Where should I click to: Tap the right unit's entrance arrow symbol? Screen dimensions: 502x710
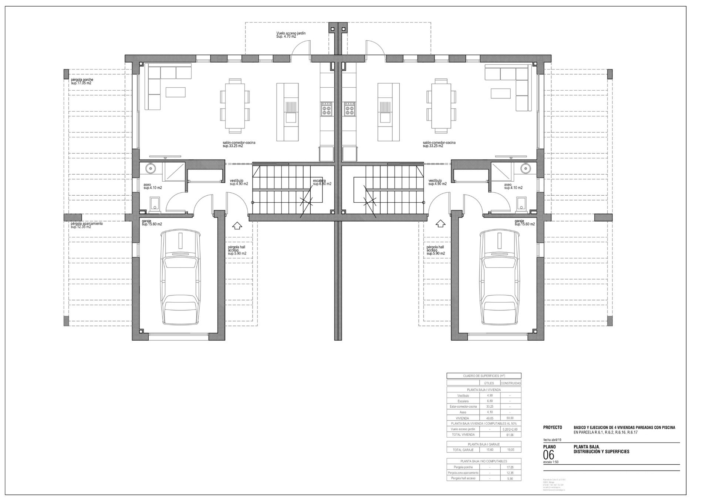point(440,223)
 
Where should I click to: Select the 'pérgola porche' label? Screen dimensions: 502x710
point(82,81)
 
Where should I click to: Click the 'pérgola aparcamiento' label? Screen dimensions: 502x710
point(87,225)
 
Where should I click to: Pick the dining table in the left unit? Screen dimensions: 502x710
point(234,106)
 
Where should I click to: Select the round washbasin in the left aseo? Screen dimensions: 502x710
point(151,169)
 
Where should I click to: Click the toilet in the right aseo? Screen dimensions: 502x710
point(521,203)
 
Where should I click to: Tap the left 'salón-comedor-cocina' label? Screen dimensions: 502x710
point(239,144)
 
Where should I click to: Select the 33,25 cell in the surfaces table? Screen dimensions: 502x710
point(490,407)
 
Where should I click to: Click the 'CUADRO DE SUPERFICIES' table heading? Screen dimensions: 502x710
point(484,376)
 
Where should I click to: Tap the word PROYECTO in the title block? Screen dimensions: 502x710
point(552,427)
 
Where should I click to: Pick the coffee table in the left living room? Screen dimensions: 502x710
point(175,92)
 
